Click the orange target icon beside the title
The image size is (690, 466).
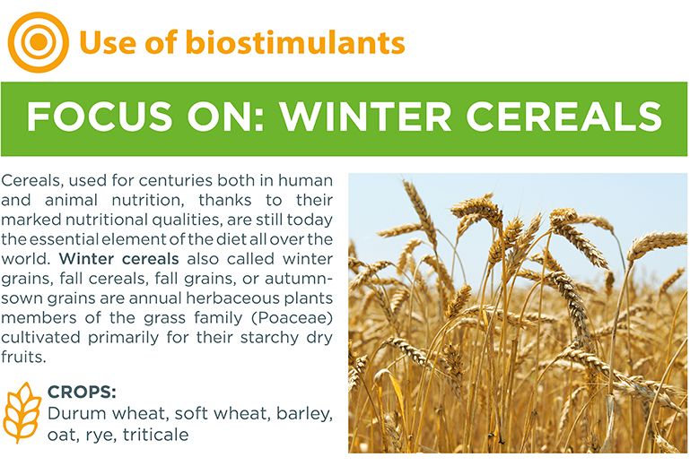[39, 41]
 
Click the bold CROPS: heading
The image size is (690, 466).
[81, 393]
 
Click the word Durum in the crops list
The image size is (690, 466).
[73, 414]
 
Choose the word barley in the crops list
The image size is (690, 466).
[303, 414]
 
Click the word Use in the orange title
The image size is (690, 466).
[100, 42]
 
